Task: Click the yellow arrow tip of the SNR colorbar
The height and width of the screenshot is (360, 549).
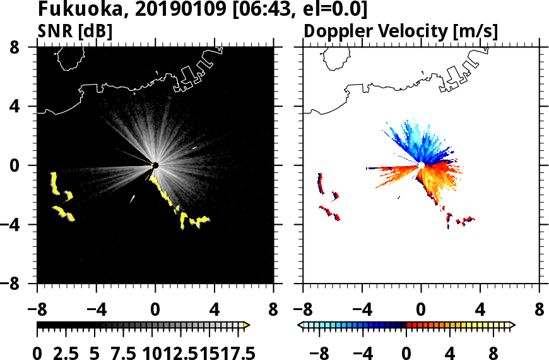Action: coord(247,325)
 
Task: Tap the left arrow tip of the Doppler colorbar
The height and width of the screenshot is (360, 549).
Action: coord(300,325)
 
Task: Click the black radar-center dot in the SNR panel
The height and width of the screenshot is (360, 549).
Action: coord(155,165)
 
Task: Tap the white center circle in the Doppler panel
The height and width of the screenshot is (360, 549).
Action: coord(421,165)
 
